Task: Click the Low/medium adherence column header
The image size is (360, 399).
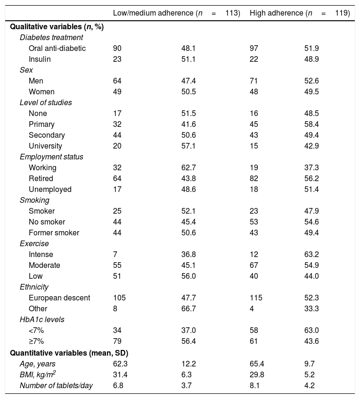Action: pos(176,13)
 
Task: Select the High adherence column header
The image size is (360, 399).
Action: pos(299,13)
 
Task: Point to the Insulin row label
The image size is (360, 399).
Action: pos(40,59)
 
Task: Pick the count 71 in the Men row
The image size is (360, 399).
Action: pos(254,81)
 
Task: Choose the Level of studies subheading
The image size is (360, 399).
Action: pos(46,102)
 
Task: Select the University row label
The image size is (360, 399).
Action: pos(45,146)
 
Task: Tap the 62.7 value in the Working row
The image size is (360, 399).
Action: pos(189,167)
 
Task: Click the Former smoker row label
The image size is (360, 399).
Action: pos(54,233)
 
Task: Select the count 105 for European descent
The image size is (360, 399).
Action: pos(119,298)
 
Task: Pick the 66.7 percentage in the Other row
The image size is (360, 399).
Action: pos(189,309)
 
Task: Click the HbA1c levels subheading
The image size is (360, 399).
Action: pos(42,320)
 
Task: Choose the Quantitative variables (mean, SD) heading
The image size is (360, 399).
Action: pos(69,353)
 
